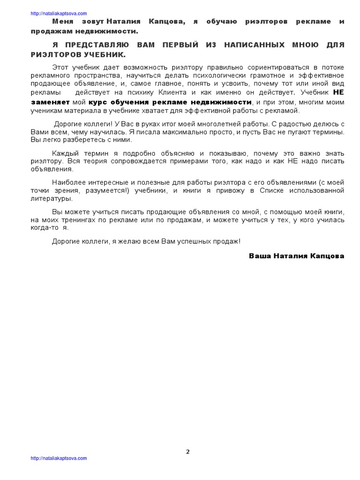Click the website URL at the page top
click(x=59, y=14)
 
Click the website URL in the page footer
click(x=59, y=458)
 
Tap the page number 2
click(x=188, y=452)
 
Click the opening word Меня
click(x=63, y=22)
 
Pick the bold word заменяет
click(x=51, y=102)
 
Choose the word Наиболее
click(x=67, y=182)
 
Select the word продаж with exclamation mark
click(x=227, y=241)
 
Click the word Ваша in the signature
click(x=259, y=256)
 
